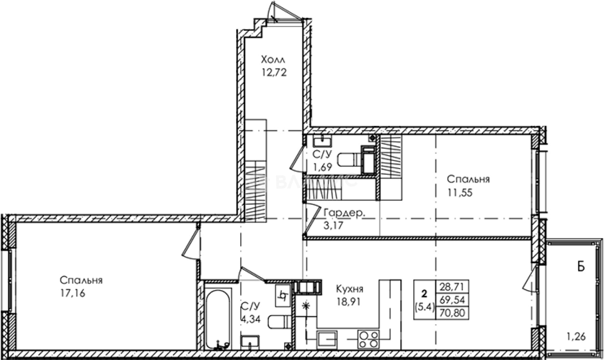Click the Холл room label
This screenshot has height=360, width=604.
pos(273,60)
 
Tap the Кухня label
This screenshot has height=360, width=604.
pos(349,289)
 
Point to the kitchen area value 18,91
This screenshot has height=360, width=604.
pos(349,302)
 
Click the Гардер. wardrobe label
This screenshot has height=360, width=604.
pos(344,213)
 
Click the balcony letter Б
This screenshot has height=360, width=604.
pos(581,267)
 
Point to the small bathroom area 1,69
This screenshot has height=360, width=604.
pos(323,167)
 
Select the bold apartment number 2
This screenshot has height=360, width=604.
pos(424,293)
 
